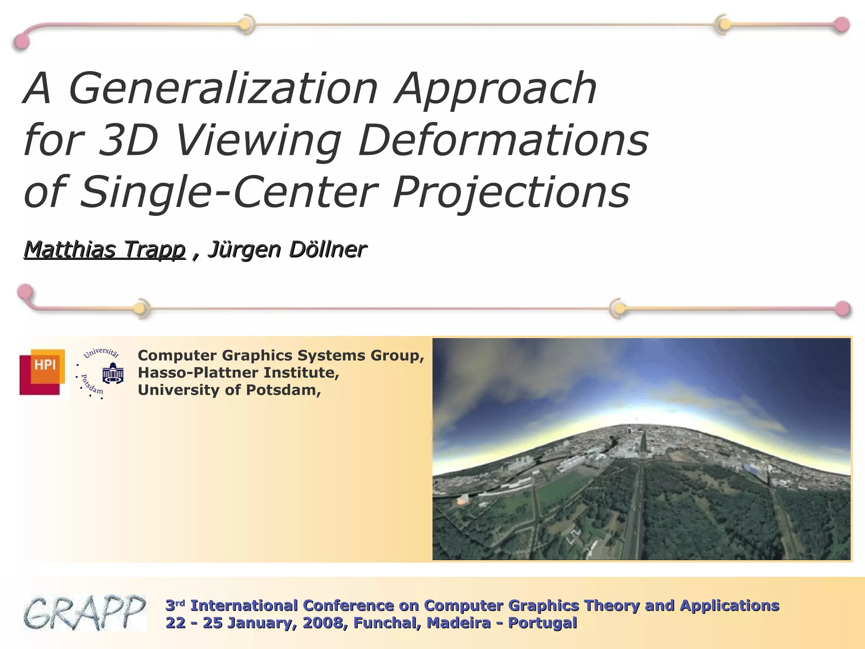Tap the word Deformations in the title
click(x=503, y=140)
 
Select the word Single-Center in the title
click(x=228, y=192)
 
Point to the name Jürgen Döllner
click(x=287, y=249)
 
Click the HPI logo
click(x=43, y=372)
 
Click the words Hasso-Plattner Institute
click(x=238, y=373)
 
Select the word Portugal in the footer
click(x=542, y=623)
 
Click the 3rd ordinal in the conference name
click(x=175, y=605)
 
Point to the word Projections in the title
click(x=511, y=192)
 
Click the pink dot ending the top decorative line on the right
click(x=842, y=25)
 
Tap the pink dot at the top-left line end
click(x=22, y=42)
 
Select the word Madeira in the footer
click(x=459, y=623)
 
